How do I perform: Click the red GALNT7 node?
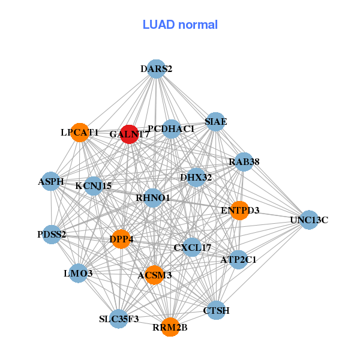click(129, 134)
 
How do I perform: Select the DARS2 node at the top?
click(156, 69)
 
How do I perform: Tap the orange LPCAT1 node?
click(80, 132)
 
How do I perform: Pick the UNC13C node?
click(308, 220)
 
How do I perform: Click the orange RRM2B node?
click(170, 327)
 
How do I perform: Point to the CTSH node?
click(217, 310)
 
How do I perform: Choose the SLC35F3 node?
click(119, 319)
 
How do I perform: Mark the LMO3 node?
click(78, 274)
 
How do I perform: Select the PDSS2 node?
click(52, 234)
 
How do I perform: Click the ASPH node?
click(51, 181)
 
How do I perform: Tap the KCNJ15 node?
click(94, 185)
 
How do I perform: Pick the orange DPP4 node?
click(121, 239)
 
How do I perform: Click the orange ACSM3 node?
click(154, 275)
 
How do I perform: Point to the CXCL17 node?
click(192, 247)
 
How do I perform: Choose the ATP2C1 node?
click(238, 260)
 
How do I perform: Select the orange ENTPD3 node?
click(239, 211)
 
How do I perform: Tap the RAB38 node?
click(244, 161)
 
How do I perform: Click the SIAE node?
click(215, 122)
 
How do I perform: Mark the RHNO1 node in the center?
click(153, 197)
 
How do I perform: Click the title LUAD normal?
click(180, 25)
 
